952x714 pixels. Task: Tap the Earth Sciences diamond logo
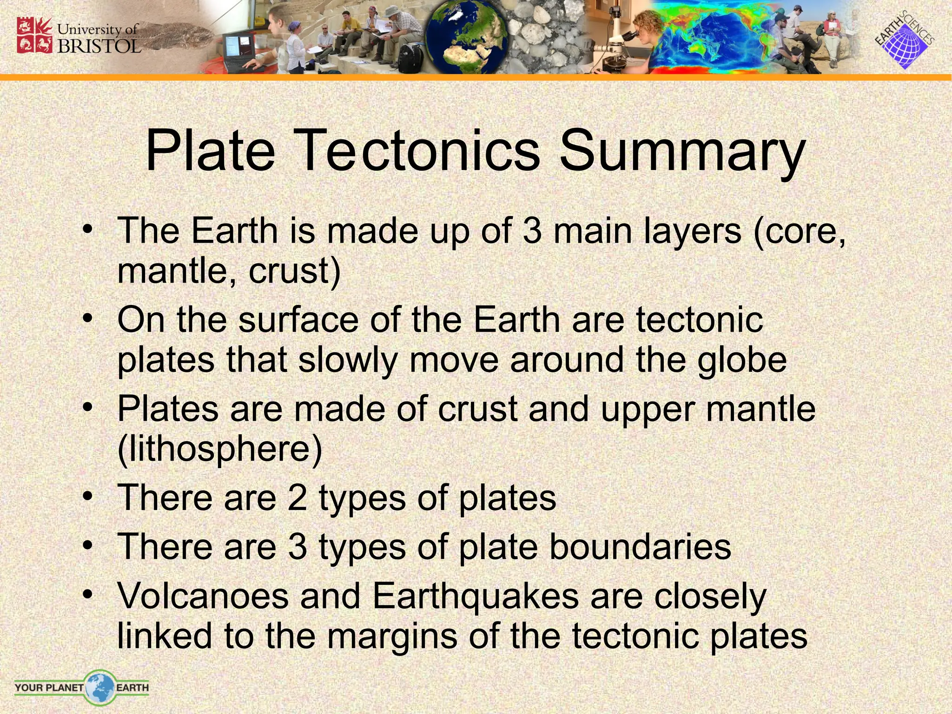tap(904, 44)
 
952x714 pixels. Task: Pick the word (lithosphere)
tap(220, 450)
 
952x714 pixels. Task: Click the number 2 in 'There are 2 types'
tap(297, 498)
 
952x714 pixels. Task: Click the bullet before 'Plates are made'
tap(87, 408)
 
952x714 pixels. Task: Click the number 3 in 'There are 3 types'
tap(297, 547)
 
